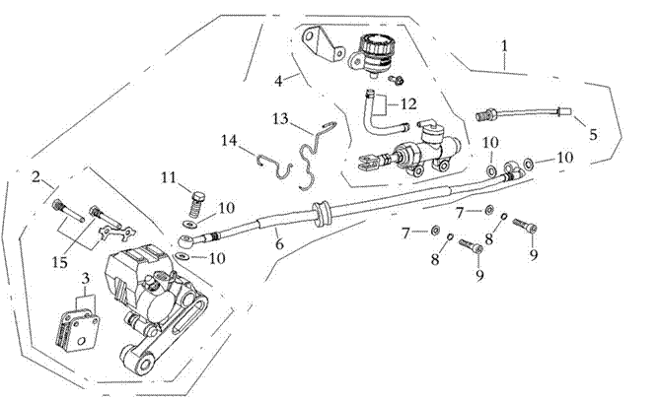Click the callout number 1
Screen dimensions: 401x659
(x=505, y=45)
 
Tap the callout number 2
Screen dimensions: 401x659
(x=36, y=177)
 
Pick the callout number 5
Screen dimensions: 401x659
(x=593, y=134)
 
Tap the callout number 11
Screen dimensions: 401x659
(x=170, y=176)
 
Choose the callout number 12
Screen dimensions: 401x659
(x=409, y=101)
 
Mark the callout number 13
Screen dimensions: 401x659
(x=280, y=118)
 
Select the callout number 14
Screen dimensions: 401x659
(x=230, y=141)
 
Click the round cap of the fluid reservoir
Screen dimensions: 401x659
(x=375, y=44)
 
